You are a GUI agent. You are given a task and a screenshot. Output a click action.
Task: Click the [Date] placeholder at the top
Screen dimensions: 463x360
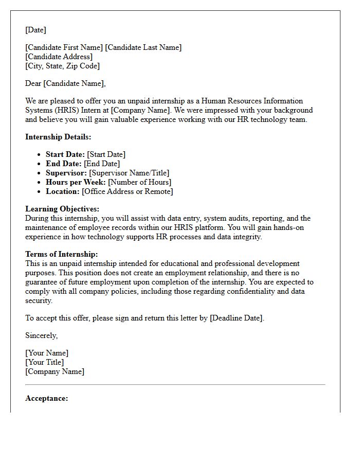35,30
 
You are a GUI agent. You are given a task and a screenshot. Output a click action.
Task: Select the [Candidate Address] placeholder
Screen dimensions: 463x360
59,57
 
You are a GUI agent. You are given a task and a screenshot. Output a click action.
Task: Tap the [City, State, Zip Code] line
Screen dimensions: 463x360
62,66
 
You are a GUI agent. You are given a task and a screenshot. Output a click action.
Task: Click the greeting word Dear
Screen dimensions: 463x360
33,83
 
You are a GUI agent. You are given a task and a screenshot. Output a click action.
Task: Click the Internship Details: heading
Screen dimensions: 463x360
58,137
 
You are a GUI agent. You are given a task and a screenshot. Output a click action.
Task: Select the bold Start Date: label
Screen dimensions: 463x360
65,154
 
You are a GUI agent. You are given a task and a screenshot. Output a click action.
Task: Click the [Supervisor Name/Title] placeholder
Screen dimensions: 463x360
129,173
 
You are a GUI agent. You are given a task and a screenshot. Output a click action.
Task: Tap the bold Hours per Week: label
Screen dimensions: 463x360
76,182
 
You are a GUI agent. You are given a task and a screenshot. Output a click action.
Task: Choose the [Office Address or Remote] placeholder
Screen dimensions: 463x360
128,191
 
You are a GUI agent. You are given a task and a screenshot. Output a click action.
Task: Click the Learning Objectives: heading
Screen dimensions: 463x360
62,209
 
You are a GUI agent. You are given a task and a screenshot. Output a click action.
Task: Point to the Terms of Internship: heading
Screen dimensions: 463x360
61,254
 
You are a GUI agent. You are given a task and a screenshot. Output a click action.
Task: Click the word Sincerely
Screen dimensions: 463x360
41,335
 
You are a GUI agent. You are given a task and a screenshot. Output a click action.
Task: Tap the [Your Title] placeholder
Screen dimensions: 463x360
45,362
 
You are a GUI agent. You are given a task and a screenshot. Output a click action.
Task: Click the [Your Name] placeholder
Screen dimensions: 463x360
47,353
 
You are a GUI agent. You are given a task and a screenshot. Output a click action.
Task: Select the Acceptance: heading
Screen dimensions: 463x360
46,398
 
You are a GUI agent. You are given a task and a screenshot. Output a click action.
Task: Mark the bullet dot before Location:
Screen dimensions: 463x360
40,191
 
